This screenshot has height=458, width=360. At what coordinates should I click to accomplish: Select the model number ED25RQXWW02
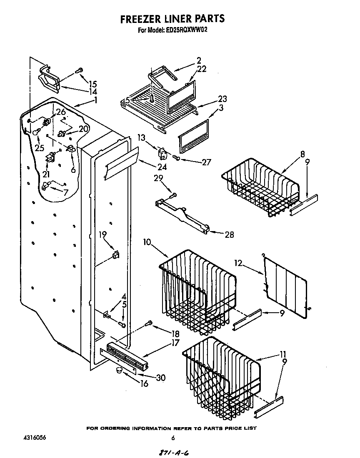190,30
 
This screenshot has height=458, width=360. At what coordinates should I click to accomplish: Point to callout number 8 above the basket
302,154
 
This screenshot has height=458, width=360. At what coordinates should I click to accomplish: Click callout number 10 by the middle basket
147,242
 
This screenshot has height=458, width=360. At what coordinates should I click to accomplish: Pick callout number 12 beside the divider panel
237,264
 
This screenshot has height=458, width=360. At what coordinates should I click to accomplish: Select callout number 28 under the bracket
229,235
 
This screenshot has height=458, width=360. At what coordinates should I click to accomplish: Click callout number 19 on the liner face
102,234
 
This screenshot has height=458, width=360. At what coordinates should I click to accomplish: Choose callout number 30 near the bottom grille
160,378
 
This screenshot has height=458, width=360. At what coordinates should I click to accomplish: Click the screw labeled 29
173,195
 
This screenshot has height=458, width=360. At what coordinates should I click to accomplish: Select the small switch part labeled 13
161,153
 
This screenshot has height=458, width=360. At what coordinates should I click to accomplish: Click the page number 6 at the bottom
172,438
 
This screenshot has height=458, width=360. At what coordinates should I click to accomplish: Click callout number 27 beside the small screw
206,163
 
